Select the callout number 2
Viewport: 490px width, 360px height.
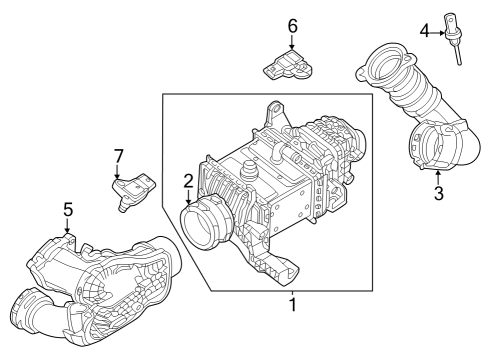pyautogui.click(x=187, y=181)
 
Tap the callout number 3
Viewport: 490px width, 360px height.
pyautogui.click(x=438, y=193)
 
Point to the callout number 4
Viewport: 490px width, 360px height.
pyautogui.click(x=425, y=32)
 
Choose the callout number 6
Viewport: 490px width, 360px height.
pyautogui.click(x=292, y=25)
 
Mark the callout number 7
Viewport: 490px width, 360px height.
pyautogui.click(x=118, y=156)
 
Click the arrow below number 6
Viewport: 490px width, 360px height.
pyautogui.click(x=292, y=42)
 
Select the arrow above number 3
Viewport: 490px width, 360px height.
pyautogui.click(x=438, y=177)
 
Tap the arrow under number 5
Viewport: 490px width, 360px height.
pyautogui.click(x=68, y=226)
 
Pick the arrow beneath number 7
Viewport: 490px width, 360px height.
pyautogui.click(x=119, y=172)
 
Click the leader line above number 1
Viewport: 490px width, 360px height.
pyautogui.click(x=292, y=291)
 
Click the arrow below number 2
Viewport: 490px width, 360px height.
pyautogui.click(x=188, y=198)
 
